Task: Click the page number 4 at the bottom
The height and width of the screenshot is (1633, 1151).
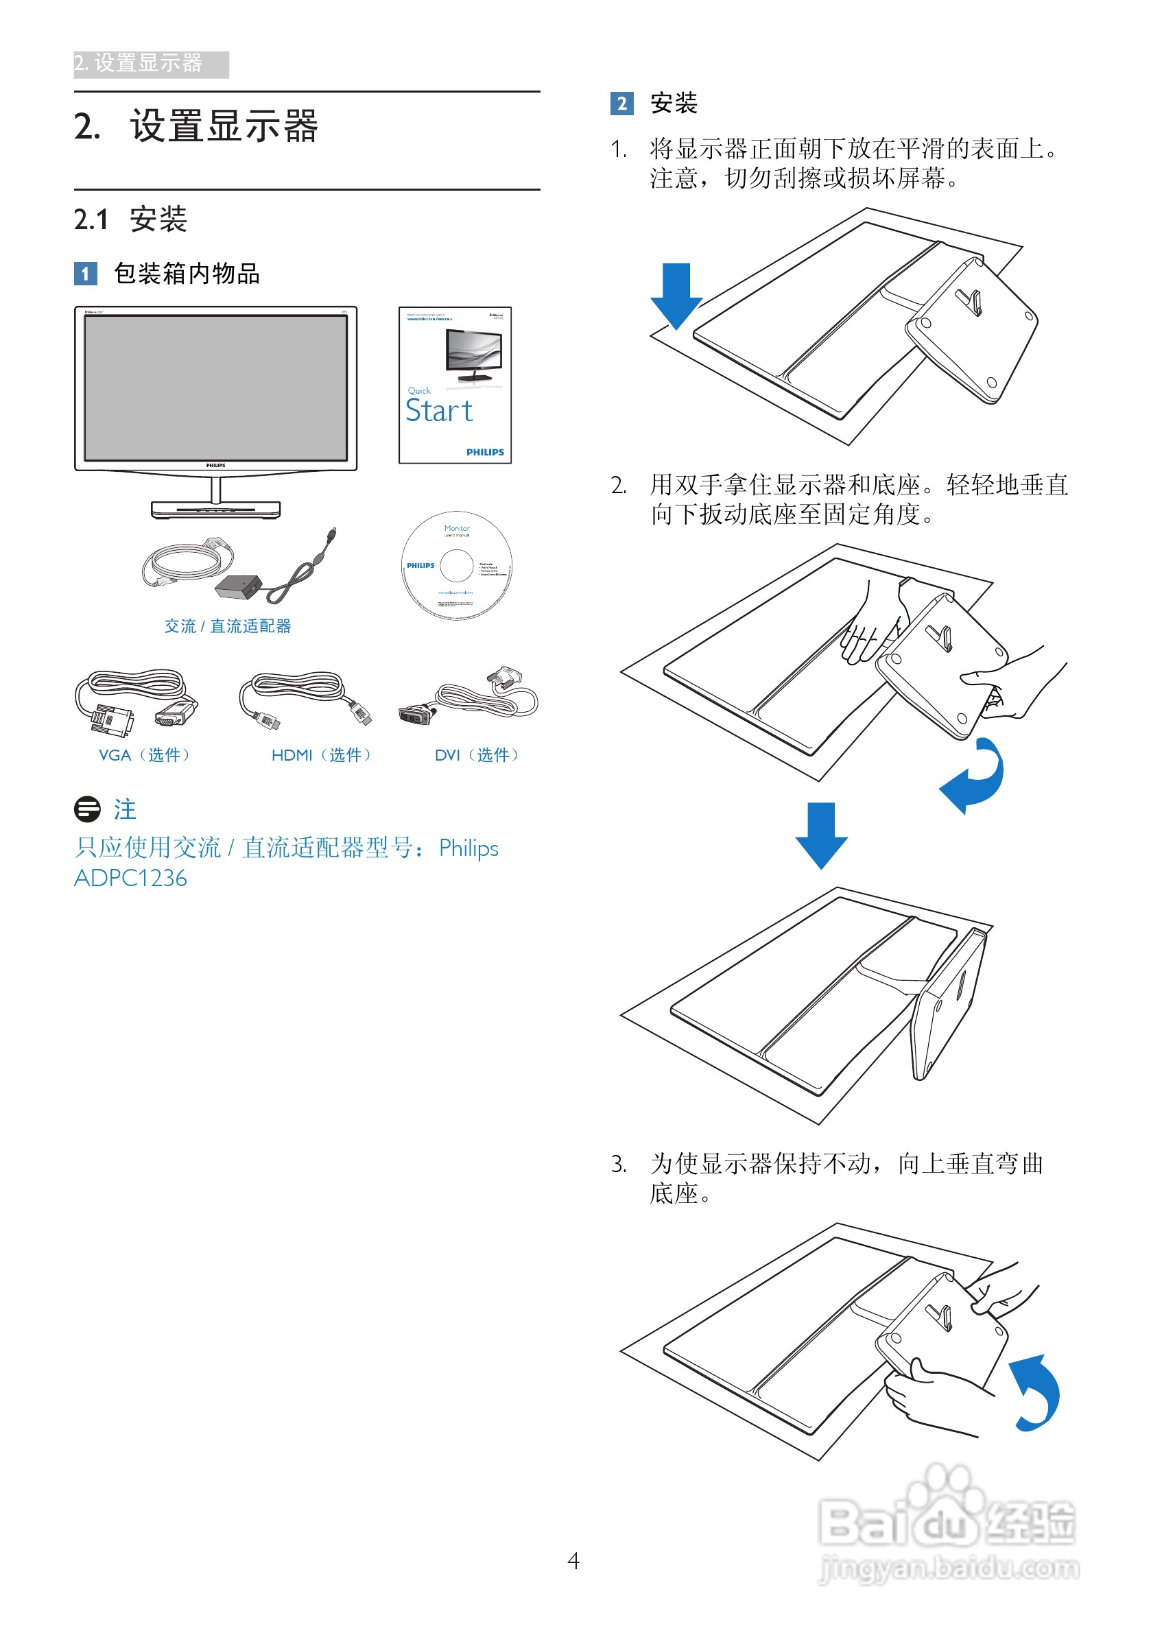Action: [x=573, y=1560]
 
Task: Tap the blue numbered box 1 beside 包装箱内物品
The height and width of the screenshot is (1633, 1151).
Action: [x=85, y=274]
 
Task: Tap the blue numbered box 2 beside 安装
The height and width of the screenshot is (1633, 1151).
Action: [x=621, y=104]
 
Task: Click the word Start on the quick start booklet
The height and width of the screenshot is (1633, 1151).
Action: [x=439, y=411]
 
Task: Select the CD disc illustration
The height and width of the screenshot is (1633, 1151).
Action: [x=457, y=566]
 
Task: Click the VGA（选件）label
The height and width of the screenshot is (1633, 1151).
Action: [x=145, y=754]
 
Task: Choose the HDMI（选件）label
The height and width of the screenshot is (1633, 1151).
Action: [x=322, y=754]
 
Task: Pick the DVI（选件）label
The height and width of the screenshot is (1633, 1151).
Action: [x=477, y=754]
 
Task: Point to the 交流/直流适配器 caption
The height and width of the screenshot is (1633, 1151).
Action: [x=228, y=626]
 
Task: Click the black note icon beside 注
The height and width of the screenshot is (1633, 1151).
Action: [x=88, y=809]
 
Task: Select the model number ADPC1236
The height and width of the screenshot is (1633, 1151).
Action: [x=131, y=879]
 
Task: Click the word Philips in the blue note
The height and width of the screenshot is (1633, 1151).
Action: [x=468, y=848]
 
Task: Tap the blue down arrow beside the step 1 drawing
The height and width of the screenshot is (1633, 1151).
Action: [x=676, y=294]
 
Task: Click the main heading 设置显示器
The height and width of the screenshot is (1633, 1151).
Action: [x=224, y=127]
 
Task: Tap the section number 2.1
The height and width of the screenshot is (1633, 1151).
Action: [x=91, y=219]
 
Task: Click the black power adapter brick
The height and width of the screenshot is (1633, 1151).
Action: [x=237, y=588]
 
